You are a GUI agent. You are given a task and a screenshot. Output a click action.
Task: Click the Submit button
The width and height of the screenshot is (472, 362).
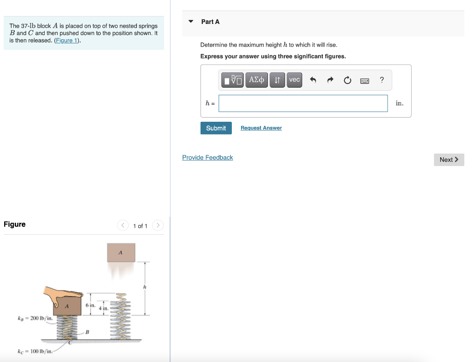(216, 128)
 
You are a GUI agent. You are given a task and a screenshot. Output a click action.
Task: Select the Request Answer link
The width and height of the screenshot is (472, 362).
(261, 128)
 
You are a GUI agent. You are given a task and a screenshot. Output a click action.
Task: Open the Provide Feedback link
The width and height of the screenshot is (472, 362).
(207, 158)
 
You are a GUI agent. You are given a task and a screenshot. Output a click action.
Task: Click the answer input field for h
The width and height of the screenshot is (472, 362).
(303, 103)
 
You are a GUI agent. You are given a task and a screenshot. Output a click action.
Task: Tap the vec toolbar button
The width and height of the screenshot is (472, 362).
(294, 80)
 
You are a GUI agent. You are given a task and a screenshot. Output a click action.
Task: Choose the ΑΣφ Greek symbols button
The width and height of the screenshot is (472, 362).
(256, 80)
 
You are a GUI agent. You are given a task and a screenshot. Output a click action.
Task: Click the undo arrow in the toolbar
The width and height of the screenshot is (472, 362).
(313, 80)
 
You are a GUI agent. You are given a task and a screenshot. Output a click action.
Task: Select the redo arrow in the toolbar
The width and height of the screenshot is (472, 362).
(330, 80)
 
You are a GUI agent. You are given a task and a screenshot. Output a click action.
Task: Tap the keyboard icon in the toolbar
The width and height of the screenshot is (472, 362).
(364, 80)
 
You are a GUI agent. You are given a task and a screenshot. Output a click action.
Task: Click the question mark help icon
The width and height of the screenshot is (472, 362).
(382, 80)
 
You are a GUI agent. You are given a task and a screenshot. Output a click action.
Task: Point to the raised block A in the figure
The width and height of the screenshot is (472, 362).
(121, 253)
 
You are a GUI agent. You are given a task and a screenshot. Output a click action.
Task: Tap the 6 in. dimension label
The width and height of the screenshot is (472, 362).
(90, 305)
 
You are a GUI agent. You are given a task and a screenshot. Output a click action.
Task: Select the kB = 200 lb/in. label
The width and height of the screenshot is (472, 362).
(35, 318)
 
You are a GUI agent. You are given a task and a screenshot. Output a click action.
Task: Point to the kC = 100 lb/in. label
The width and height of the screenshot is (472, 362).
(35, 352)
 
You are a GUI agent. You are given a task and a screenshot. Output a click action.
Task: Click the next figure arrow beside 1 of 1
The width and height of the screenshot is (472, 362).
(158, 226)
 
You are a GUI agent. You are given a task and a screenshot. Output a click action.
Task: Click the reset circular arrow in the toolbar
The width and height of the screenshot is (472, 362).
(347, 80)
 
